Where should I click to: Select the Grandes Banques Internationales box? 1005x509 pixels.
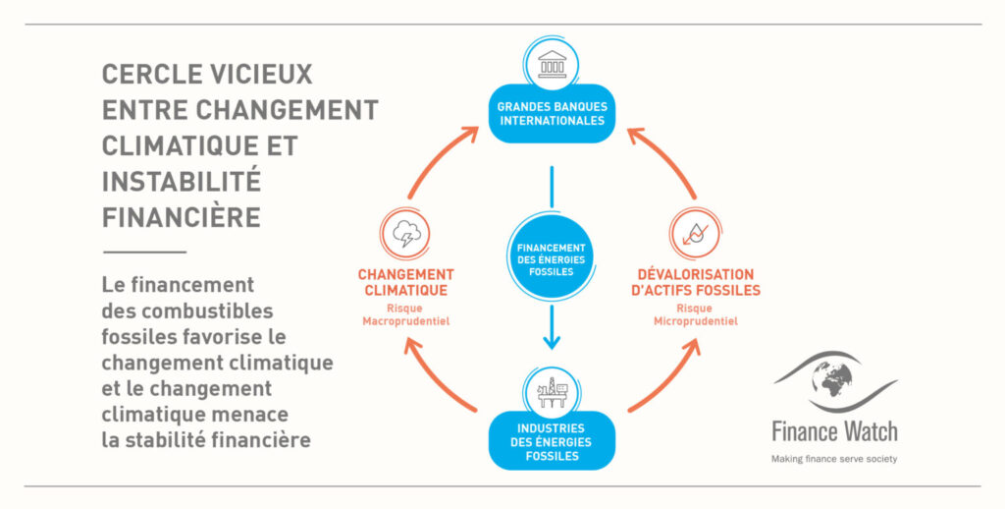pyautogui.click(x=552, y=114)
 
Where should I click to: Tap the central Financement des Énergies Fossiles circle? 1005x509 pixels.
pyautogui.click(x=552, y=258)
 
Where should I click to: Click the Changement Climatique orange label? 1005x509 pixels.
pyautogui.click(x=404, y=282)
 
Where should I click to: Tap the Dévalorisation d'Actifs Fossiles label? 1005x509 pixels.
pyautogui.click(x=697, y=282)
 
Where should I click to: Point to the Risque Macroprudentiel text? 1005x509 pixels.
pyautogui.click(x=404, y=314)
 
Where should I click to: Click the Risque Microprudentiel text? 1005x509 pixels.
pyautogui.click(x=697, y=314)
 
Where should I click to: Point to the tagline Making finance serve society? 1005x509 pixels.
pyautogui.click(x=833, y=458)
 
